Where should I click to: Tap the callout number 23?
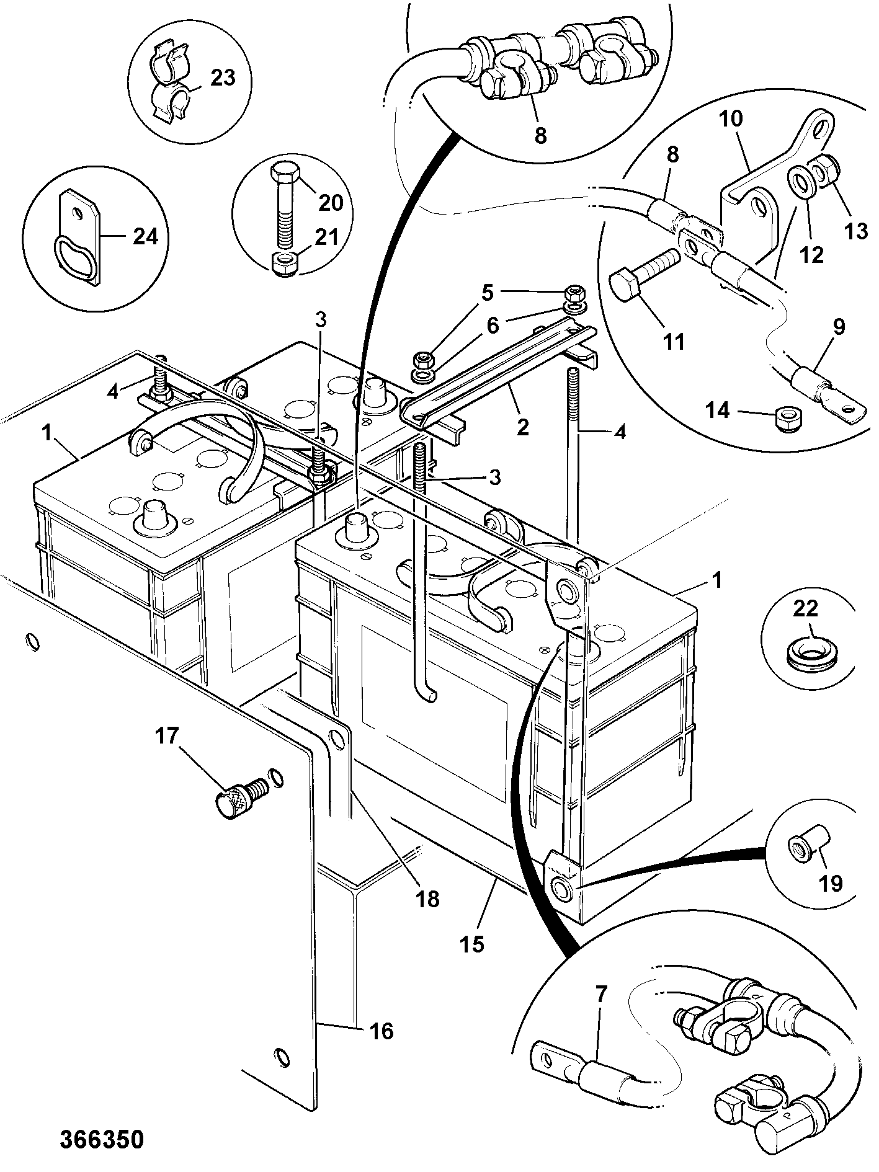tap(223, 78)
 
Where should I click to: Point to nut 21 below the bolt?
tap(287, 264)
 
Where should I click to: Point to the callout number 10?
tap(733, 118)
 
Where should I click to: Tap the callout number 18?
tap(428, 899)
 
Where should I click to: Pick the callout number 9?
tap(838, 327)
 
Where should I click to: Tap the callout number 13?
tap(855, 231)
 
